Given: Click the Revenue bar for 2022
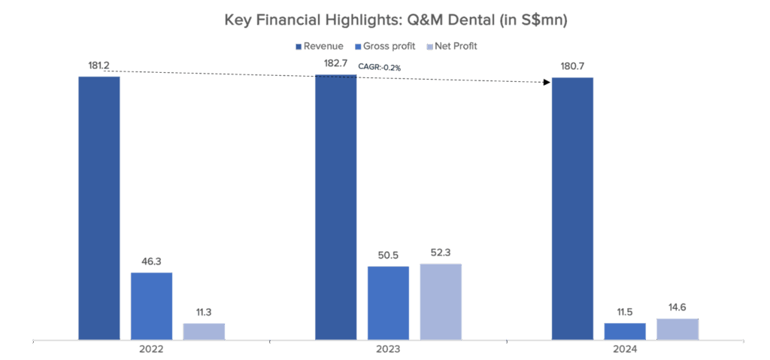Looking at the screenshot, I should tap(99, 207).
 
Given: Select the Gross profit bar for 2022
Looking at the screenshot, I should tap(151, 305).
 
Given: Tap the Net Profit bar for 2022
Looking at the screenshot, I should tap(204, 331).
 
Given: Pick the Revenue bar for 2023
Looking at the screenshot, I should tap(335, 207).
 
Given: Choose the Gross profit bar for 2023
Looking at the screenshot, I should tap(388, 302).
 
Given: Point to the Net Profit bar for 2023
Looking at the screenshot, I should tap(440, 301).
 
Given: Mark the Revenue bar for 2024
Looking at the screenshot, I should tap(572, 208).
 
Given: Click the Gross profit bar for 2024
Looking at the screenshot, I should tap(625, 331).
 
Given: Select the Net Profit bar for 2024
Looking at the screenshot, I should tap(677, 328).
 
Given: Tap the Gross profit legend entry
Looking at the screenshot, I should tap(388, 47).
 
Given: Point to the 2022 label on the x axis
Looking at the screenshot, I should tap(152, 350).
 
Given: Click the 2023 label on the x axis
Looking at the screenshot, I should tap(388, 350).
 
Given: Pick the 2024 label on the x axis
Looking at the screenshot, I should tap(625, 350).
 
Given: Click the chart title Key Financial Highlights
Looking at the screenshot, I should tap(396, 21).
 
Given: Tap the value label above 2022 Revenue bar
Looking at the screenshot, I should tap(99, 66).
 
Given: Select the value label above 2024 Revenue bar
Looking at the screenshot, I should tap(572, 68).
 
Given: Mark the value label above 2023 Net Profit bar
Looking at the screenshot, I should tap(440, 254).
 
